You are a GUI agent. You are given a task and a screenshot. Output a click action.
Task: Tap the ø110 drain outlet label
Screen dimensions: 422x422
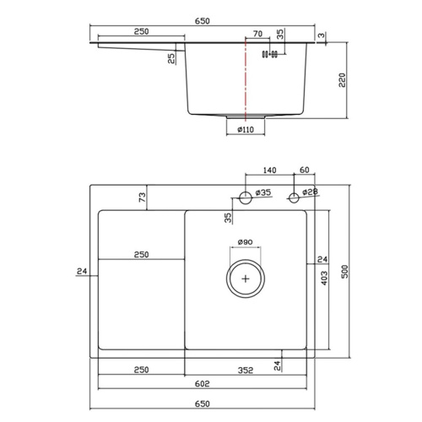pyautogui.click(x=246, y=129)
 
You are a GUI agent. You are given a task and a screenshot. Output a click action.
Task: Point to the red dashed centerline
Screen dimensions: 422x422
pyautogui.click(x=245, y=84)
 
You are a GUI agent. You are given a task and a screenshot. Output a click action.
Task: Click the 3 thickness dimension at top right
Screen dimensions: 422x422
pyautogui.click(x=322, y=35)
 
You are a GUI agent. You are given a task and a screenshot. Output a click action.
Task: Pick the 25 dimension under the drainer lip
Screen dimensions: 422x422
pyautogui.click(x=171, y=57)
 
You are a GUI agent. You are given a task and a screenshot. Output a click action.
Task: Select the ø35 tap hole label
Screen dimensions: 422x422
pyautogui.click(x=264, y=193)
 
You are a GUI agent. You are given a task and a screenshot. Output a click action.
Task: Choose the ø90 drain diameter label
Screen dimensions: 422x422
pyautogui.click(x=246, y=242)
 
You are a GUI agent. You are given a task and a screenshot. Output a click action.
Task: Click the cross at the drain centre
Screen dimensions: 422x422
pyautogui.click(x=246, y=276)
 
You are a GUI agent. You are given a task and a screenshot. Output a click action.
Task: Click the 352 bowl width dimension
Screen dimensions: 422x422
pyautogui.click(x=246, y=369)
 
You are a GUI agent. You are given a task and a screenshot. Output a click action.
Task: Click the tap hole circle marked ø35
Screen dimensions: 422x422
pyautogui.click(x=246, y=198)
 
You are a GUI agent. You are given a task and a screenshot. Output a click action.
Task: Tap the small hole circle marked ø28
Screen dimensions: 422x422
pyautogui.click(x=294, y=197)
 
